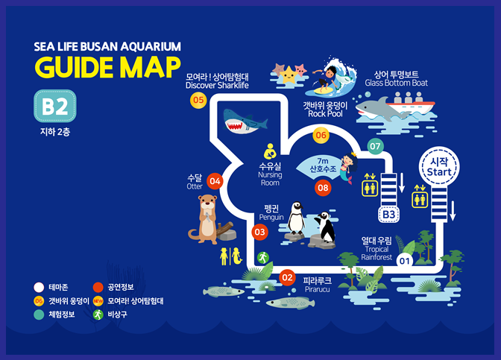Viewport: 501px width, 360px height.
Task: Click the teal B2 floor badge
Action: (54, 109)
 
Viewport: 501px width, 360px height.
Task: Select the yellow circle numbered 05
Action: (198, 100)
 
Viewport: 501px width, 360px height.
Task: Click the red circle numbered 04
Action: (215, 180)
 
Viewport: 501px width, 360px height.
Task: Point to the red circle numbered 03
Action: (259, 233)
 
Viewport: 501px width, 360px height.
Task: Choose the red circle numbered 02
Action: (287, 278)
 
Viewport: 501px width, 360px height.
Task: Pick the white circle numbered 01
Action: (405, 261)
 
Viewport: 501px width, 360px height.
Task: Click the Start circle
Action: (435, 168)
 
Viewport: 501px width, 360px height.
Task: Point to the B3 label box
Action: (388, 215)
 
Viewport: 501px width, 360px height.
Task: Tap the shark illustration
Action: (245, 121)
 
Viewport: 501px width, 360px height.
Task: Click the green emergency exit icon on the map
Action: (262, 257)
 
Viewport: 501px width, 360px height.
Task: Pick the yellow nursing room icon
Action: (271, 149)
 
